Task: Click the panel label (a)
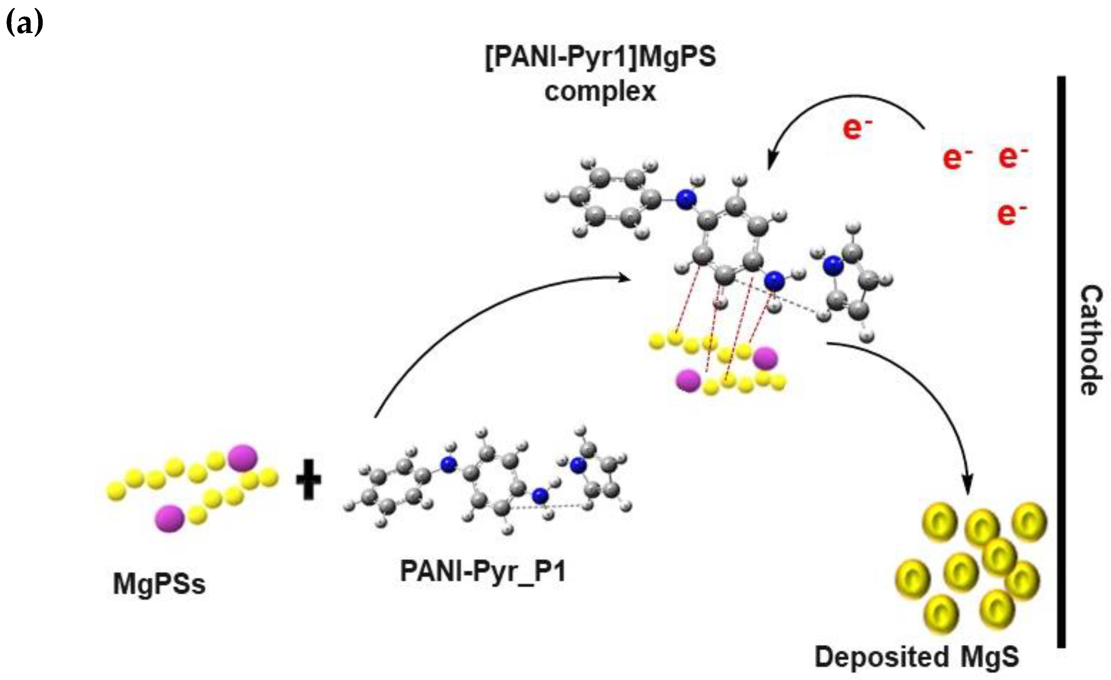[x=25, y=23]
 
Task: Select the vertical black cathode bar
[x=1061, y=361]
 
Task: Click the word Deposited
[x=882, y=657]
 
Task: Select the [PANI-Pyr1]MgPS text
[x=600, y=58]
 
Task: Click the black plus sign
[x=308, y=480]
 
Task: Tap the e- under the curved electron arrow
[x=856, y=128]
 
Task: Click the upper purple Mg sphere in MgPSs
[x=243, y=458]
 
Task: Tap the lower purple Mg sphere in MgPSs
[x=170, y=518]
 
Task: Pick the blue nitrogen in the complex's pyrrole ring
[x=832, y=265]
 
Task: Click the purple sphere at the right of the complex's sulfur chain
[x=765, y=359]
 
